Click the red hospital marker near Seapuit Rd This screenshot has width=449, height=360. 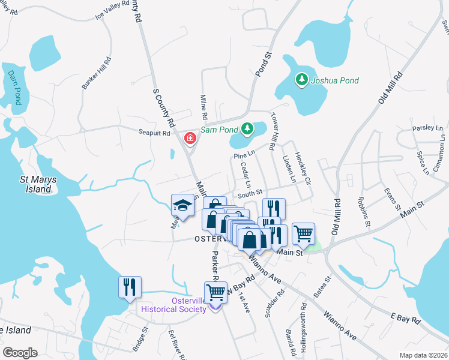190,139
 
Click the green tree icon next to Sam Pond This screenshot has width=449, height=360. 246,128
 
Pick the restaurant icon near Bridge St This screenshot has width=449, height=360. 130,287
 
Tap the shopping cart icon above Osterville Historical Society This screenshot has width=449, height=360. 215,293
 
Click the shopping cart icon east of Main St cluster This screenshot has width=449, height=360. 303,234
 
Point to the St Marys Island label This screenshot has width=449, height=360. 35,184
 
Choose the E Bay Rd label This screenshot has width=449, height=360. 405,317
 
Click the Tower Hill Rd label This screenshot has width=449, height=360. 274,131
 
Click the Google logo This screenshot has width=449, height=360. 20,353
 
